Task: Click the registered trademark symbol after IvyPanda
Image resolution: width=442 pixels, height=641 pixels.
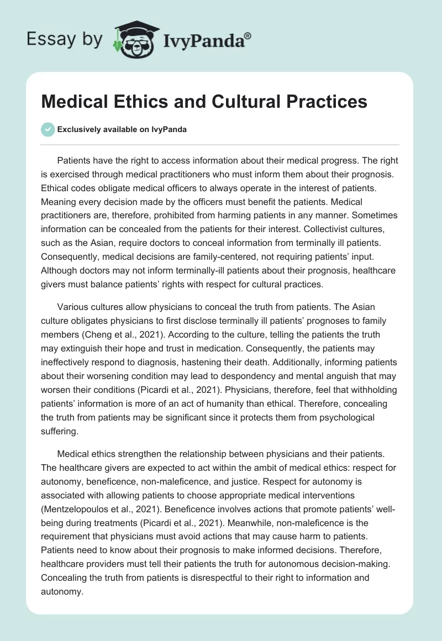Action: (x=248, y=35)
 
